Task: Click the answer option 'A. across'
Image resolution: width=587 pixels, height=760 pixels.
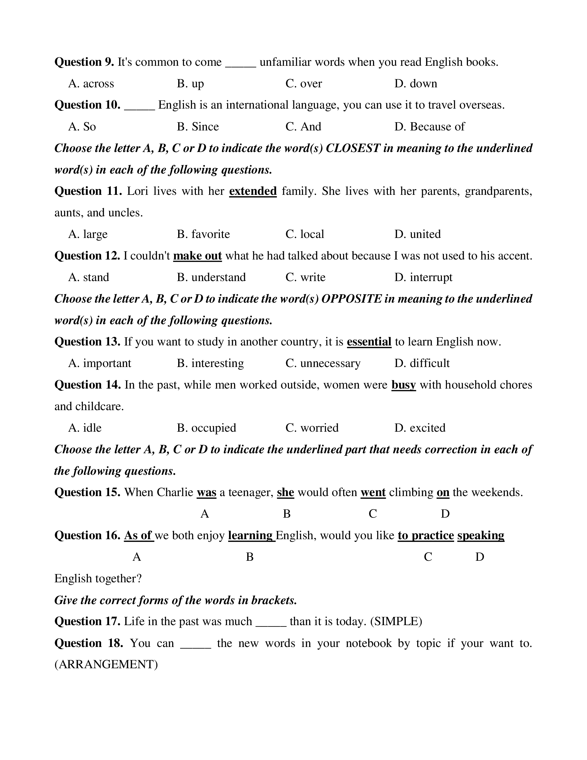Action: (91, 84)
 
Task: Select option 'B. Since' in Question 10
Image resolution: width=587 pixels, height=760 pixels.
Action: (198, 127)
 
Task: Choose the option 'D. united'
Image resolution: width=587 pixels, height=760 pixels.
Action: (417, 234)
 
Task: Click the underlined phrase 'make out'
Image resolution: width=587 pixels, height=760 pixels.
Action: (197, 256)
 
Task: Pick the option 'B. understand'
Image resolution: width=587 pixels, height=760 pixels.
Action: (211, 277)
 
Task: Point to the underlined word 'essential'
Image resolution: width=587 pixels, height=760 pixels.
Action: (369, 342)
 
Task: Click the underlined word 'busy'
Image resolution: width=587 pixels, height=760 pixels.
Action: (403, 385)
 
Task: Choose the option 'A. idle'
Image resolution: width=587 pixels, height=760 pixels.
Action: (85, 428)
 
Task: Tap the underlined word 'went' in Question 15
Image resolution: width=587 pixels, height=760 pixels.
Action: (373, 492)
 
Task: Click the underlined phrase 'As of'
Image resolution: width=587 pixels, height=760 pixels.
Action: (138, 536)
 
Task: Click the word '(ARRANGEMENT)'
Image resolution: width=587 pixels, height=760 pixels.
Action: (106, 665)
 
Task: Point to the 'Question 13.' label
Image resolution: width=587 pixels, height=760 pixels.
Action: (87, 342)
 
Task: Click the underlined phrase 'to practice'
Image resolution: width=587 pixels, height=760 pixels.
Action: (426, 536)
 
